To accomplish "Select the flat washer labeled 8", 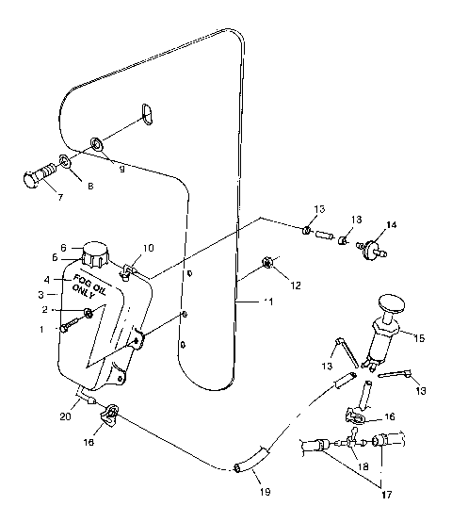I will [64, 162].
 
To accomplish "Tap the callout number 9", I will [121, 169].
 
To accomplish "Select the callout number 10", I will [147, 249].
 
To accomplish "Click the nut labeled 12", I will [267, 262].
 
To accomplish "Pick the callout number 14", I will [392, 227].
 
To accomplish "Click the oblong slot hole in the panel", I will [145, 113].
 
